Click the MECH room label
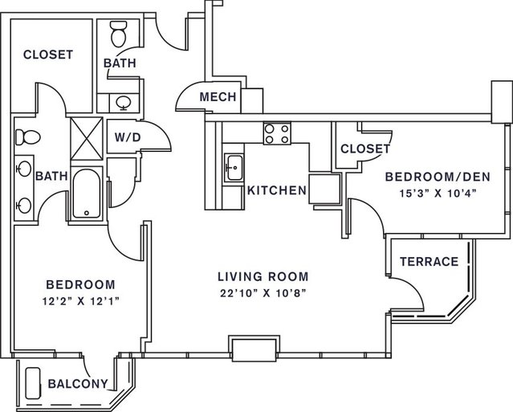tap(218, 97)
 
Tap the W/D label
tap(128, 137)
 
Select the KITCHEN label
tap(277, 190)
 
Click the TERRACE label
tap(429, 261)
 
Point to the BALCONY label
tap(77, 384)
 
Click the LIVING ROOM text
tap(263, 277)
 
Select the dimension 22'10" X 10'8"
tap(263, 292)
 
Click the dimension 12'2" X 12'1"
tap(79, 300)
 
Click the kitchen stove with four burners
tap(277, 133)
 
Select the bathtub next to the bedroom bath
tap(87, 194)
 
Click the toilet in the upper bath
tap(117, 35)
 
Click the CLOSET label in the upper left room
tap(48, 55)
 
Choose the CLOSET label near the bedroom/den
tap(365, 149)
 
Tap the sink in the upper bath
tap(123, 102)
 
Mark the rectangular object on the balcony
tap(34, 384)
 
